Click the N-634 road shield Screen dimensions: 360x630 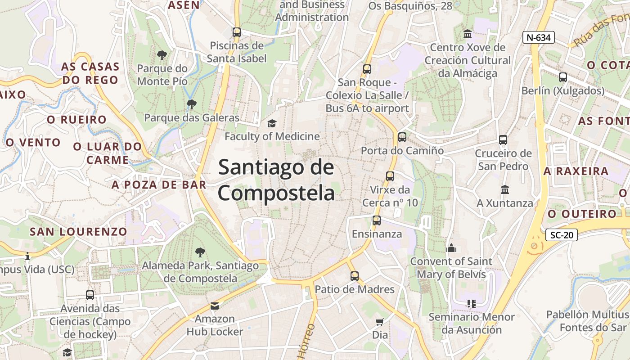coord(538,37)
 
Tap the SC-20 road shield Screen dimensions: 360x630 coord(561,235)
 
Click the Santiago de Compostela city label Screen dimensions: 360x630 coord(276,180)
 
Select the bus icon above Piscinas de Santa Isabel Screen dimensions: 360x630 coord(237,32)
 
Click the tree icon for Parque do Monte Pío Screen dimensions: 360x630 coord(162,55)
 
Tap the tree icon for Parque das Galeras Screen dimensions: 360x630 coord(192,104)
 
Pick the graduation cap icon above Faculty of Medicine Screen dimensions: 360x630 coord(272,123)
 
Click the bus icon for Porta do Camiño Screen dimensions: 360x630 coord(402,137)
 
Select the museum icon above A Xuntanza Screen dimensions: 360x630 coord(505,190)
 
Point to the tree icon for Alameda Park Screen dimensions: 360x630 coord(200,252)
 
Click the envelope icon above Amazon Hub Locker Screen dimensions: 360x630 coord(215,306)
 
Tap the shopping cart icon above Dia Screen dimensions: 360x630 coord(380,322)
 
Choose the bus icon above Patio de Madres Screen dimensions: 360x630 coord(355,276)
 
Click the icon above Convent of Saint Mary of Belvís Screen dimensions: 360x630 coord(451,248)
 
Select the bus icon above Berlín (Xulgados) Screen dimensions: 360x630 coord(562,77)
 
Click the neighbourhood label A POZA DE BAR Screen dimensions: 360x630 coord(159,184)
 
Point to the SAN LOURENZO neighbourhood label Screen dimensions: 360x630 coord(78,232)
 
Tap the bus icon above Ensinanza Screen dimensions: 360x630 coord(377,221)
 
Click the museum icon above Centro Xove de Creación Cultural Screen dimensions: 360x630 coord(468,34)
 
